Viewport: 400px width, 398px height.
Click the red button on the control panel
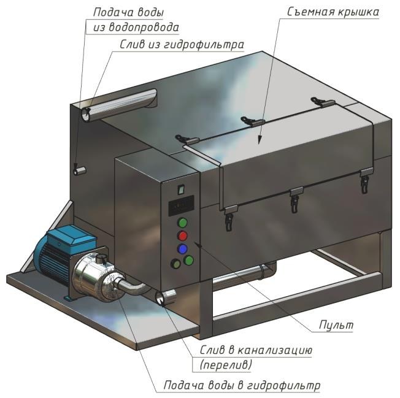(182, 235)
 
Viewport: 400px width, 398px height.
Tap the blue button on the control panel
(182, 248)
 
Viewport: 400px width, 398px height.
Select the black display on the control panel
(181, 205)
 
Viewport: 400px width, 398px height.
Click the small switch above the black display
(181, 189)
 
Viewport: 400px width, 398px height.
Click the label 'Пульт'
(336, 325)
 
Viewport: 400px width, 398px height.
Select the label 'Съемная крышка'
(333, 12)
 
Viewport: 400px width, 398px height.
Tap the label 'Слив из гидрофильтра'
(182, 45)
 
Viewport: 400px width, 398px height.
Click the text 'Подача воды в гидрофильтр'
(242, 385)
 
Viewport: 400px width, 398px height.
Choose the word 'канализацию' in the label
(275, 351)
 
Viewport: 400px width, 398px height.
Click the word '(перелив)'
(226, 365)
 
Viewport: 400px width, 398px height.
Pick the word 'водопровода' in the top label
(144, 27)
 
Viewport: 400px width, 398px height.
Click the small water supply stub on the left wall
(79, 170)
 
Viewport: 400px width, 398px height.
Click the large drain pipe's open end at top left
(85, 115)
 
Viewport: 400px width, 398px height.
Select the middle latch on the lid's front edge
(296, 199)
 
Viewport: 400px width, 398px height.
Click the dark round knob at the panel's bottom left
(175, 264)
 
